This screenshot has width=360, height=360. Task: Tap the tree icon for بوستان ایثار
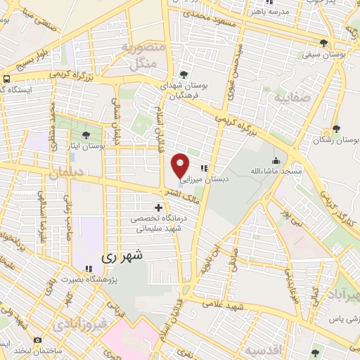(86, 135)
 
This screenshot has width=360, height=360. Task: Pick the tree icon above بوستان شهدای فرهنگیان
(184, 74)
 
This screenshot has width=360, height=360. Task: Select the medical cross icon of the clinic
(159, 207)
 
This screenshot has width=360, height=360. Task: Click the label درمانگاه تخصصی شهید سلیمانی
(159, 224)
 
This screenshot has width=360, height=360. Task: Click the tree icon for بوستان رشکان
(337, 128)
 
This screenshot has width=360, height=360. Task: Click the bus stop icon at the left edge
(6, 79)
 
